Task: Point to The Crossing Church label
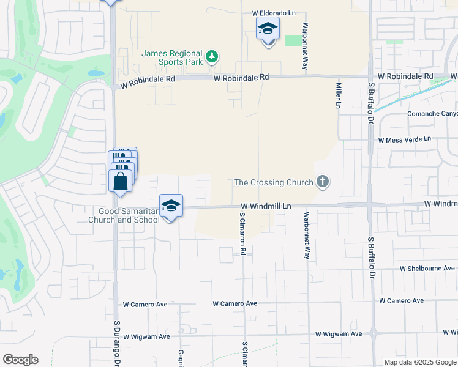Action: coord(274,182)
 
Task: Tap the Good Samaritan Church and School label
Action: coord(125,215)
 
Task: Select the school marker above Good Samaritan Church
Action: coord(171,206)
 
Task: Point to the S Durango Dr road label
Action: coord(116,342)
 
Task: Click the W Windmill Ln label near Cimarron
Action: coord(265,207)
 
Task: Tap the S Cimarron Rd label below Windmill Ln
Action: coord(242,234)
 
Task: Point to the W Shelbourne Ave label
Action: coord(427,269)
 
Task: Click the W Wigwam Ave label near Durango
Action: coord(146,336)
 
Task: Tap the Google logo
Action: coord(20,360)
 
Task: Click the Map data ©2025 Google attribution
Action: coord(420,362)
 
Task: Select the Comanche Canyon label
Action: coord(432,114)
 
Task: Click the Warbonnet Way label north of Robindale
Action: coord(304,46)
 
